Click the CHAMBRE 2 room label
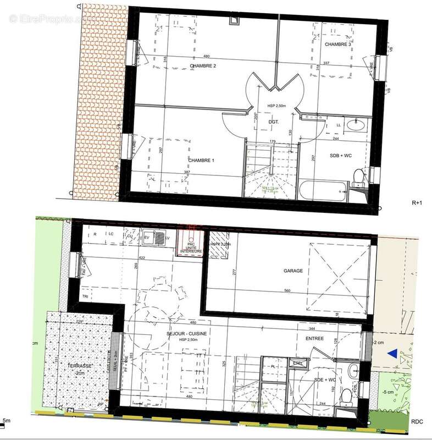[203, 66]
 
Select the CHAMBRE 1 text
[201, 160]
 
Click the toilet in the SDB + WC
[358, 177]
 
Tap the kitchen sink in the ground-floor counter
[159, 239]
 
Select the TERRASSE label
[80, 366]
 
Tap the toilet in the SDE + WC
[346, 395]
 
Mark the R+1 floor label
[417, 203]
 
